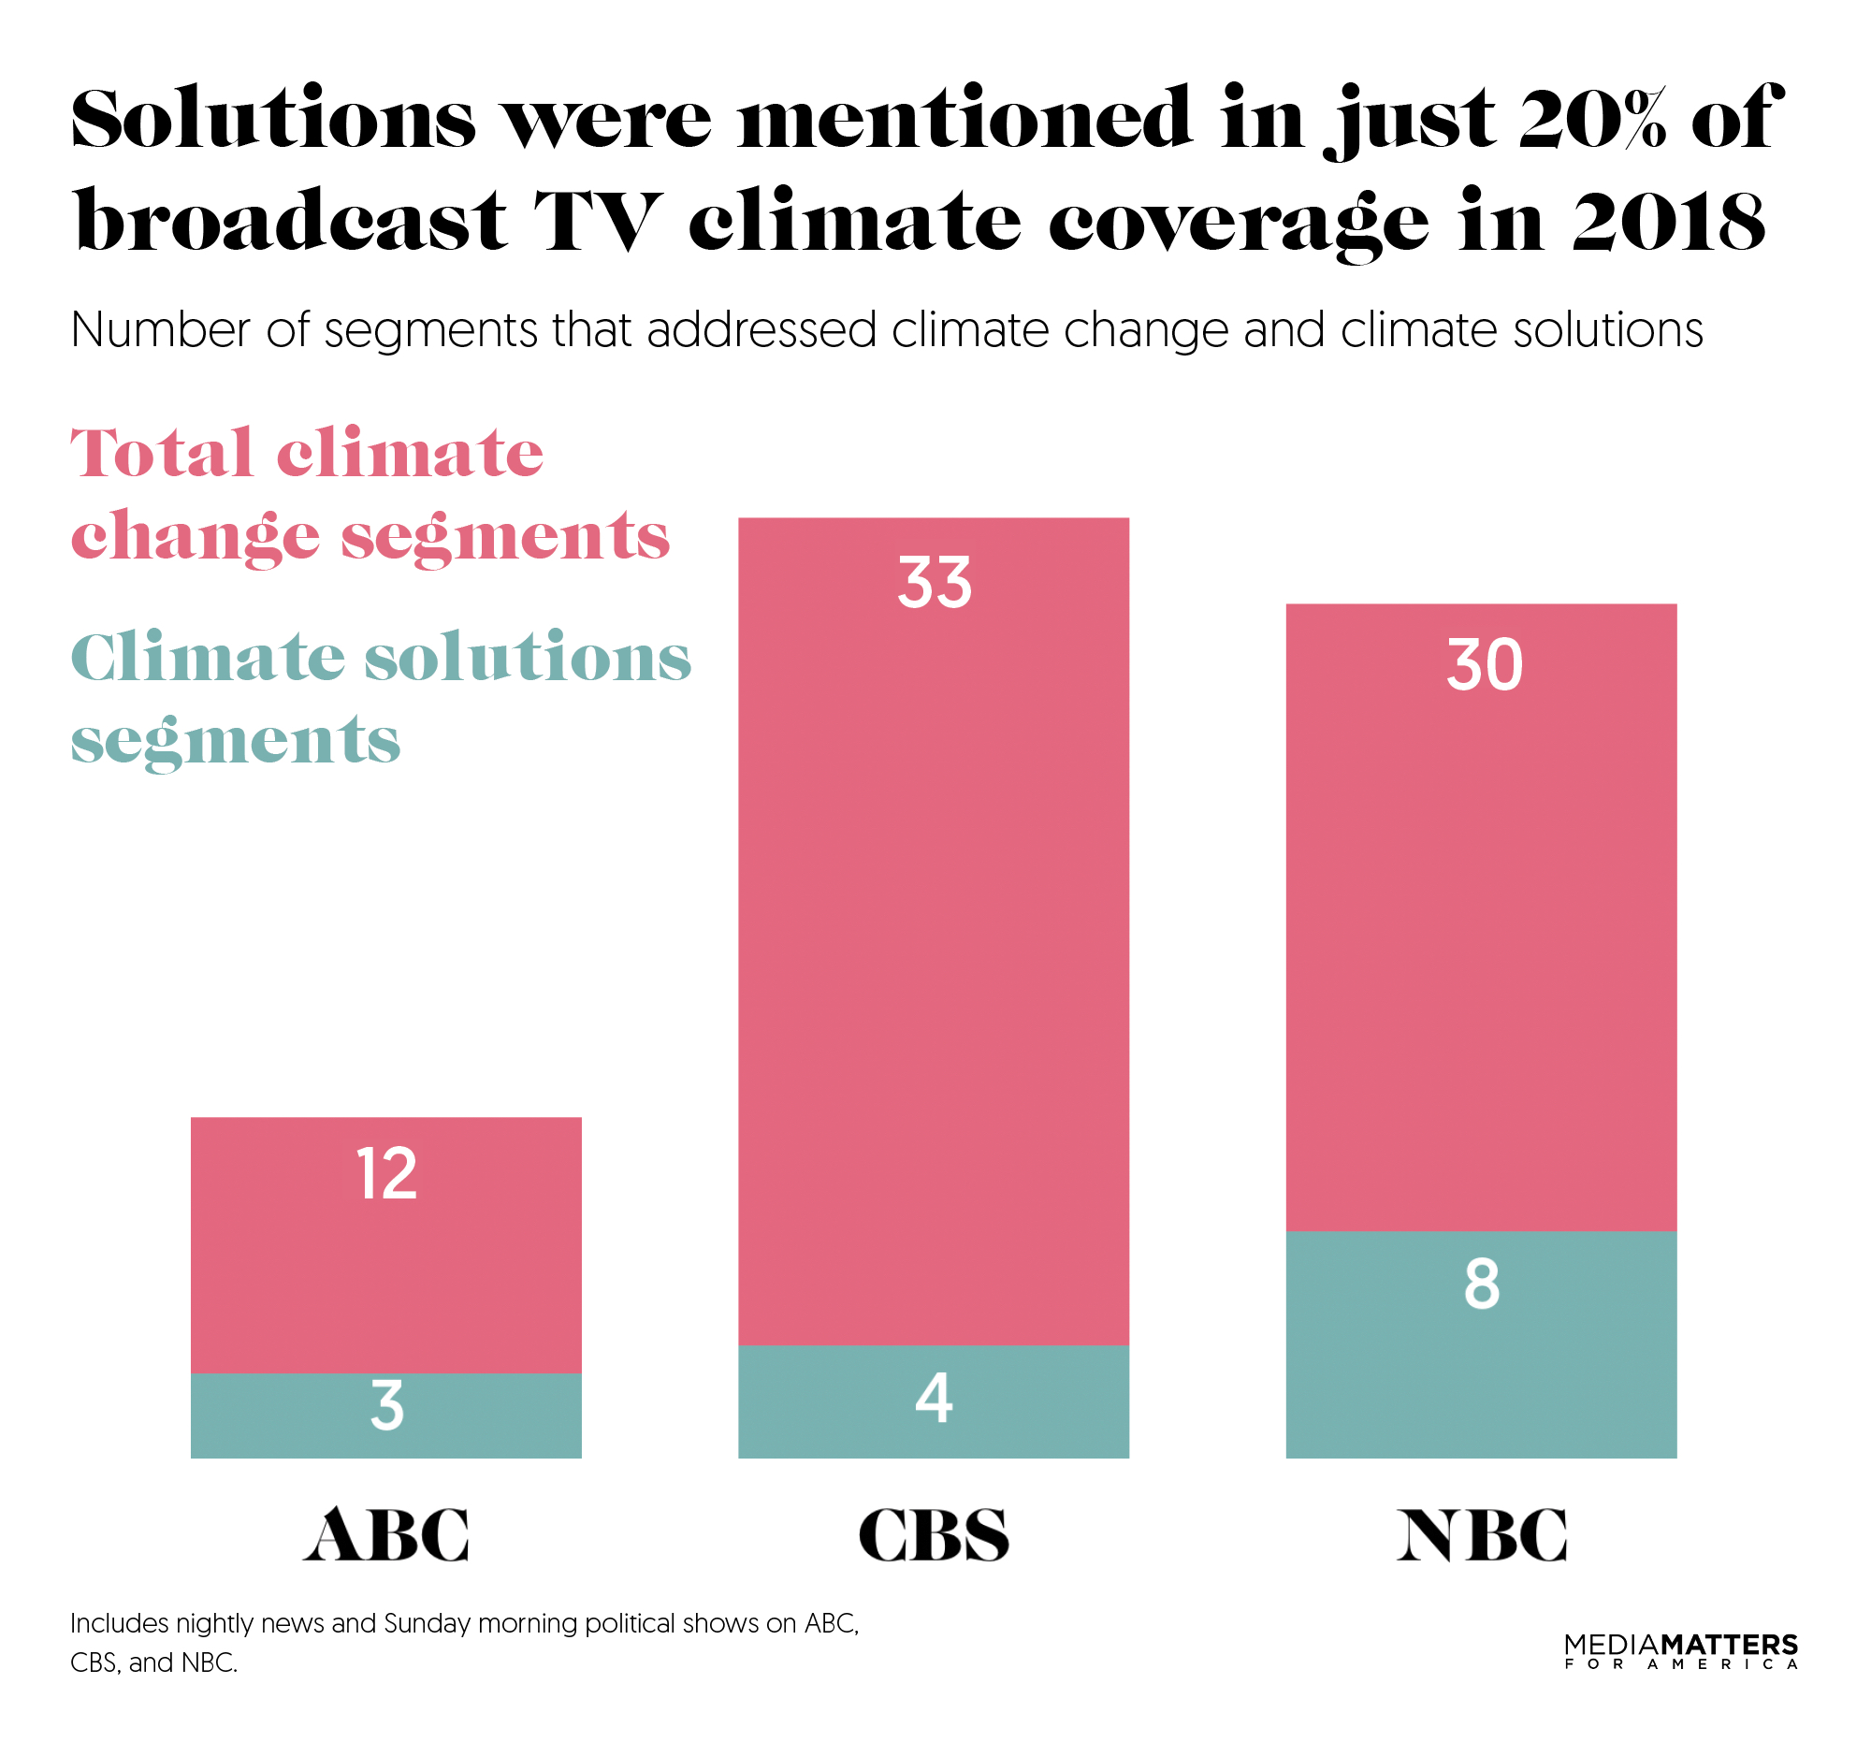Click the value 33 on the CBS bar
[x=934, y=584]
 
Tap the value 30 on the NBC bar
[x=1485, y=666]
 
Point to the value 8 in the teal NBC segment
[x=1482, y=1285]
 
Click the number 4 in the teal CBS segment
[x=934, y=1399]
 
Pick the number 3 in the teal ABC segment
[x=386, y=1406]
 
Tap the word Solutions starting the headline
[x=273, y=121]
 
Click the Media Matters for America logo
[x=1680, y=1651]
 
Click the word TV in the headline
[x=599, y=223]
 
